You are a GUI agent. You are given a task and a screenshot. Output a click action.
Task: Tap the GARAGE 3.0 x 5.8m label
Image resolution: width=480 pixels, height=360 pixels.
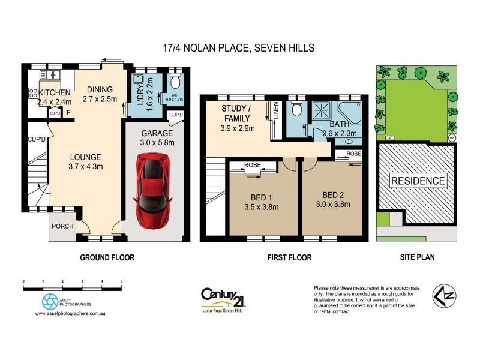(157, 138)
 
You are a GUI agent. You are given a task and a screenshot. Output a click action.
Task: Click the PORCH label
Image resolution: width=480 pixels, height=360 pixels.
(62, 226)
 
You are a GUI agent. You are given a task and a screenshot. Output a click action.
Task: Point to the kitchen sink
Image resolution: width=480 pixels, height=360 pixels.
(50, 75)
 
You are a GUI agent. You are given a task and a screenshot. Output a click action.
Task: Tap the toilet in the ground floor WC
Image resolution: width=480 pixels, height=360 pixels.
(175, 82)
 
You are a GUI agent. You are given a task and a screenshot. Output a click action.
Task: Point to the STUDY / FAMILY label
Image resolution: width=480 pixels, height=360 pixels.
(238, 118)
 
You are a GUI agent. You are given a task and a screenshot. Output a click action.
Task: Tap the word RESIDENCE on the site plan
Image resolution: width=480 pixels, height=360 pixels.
(418, 181)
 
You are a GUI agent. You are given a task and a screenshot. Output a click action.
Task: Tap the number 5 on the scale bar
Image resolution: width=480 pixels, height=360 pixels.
(122, 281)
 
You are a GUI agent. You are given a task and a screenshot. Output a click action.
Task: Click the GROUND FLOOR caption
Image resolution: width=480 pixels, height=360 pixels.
(107, 257)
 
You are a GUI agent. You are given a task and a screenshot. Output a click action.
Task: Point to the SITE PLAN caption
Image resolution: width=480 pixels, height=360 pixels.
(418, 257)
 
